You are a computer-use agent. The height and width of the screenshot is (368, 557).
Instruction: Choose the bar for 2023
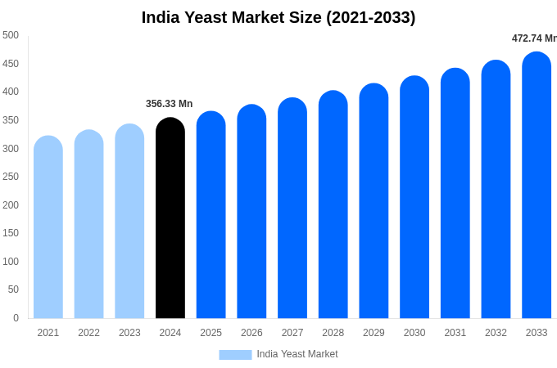pos(129,222)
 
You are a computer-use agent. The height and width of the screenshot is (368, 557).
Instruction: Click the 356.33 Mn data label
pos(170,104)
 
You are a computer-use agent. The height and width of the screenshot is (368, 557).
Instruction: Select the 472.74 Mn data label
pos(534,38)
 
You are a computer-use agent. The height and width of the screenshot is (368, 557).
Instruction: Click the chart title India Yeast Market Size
pos(278,17)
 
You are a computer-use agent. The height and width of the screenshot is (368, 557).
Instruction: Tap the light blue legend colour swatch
pos(235,354)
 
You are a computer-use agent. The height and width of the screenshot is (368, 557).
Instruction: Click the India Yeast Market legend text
pos(297,354)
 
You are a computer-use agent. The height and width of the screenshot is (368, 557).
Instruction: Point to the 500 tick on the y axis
pos(11,35)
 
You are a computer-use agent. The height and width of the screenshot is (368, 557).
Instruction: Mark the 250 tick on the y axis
pos(11,177)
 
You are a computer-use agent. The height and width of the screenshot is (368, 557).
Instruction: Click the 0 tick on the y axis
pos(16,318)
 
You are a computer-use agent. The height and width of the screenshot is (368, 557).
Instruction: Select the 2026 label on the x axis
pos(251,333)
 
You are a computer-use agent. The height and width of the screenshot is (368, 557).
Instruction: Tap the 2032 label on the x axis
pos(496,333)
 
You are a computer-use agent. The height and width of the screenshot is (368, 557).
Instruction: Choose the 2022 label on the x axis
pos(89,333)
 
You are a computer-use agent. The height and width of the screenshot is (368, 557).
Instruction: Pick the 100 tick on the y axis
pos(11,262)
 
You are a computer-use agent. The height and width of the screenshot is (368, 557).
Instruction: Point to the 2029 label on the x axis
pos(374,333)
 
